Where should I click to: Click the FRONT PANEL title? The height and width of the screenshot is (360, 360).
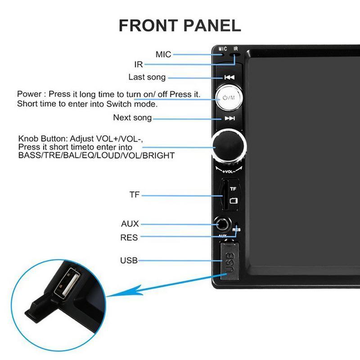[180, 25]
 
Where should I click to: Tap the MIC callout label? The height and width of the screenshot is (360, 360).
[163, 54]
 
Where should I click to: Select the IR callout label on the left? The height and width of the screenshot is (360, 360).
[138, 65]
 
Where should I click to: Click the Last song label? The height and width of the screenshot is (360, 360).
[147, 77]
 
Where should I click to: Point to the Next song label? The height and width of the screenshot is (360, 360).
[132, 118]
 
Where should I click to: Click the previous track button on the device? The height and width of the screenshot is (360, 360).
[229, 77]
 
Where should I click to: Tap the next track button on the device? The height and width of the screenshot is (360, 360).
[229, 118]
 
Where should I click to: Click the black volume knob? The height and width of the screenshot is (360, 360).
[229, 146]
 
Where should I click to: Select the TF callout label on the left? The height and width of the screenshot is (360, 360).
[134, 195]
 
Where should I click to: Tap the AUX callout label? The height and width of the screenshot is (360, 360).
[130, 224]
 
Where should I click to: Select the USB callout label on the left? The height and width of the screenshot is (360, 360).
[129, 260]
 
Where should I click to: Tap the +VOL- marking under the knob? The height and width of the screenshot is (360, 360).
[229, 171]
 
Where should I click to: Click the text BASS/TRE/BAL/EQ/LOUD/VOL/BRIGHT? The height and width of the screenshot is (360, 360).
[96, 155]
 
